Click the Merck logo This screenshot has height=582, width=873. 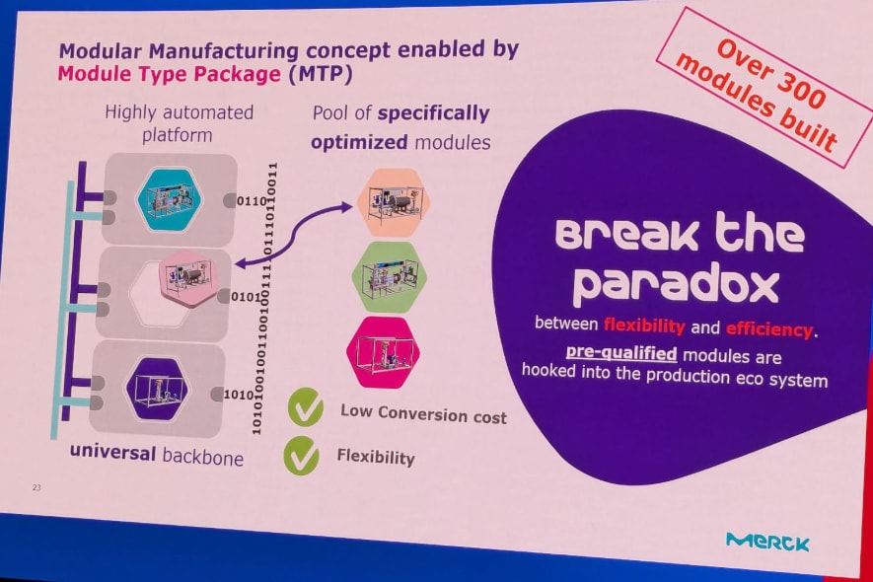(x=767, y=541)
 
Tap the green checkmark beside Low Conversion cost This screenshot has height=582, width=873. (x=306, y=407)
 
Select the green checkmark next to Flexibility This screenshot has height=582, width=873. (x=301, y=455)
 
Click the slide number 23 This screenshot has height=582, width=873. (x=36, y=487)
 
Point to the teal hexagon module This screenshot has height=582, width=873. (x=170, y=199)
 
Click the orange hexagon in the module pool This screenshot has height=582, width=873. (x=394, y=201)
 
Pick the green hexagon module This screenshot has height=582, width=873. (x=390, y=276)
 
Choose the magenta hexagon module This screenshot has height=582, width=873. (x=383, y=352)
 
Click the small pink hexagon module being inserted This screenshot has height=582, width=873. (x=187, y=277)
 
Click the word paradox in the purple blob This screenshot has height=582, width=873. (x=675, y=285)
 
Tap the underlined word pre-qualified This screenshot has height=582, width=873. (x=621, y=354)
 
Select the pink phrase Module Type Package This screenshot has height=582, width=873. (x=170, y=74)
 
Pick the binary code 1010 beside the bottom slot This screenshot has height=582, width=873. (x=239, y=395)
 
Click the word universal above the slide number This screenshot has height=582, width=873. (x=112, y=452)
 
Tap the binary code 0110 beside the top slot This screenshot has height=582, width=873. (x=252, y=200)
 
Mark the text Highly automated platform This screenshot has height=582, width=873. (x=179, y=123)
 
